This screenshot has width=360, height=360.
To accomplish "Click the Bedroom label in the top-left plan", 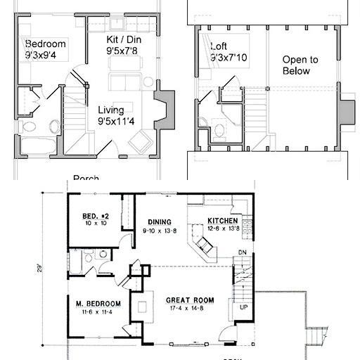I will tap(46, 44).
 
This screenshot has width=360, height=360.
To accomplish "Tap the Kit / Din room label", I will tap(122, 41).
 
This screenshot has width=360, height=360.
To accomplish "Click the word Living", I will tap(111, 110).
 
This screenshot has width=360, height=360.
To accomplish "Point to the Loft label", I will tap(219, 47).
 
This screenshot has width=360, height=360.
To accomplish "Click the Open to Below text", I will tap(300, 65).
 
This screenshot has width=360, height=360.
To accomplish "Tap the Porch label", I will tap(86, 178).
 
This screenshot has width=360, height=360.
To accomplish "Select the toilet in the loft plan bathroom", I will tap(219, 129).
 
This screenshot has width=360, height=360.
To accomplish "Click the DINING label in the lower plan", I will tap(160, 221).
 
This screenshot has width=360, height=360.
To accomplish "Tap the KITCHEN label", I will tap(222, 221).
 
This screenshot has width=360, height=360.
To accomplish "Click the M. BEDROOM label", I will tap(98, 304).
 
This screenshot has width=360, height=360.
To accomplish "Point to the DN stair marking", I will tap(243, 252).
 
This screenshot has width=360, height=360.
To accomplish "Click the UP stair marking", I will tap(243, 308).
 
